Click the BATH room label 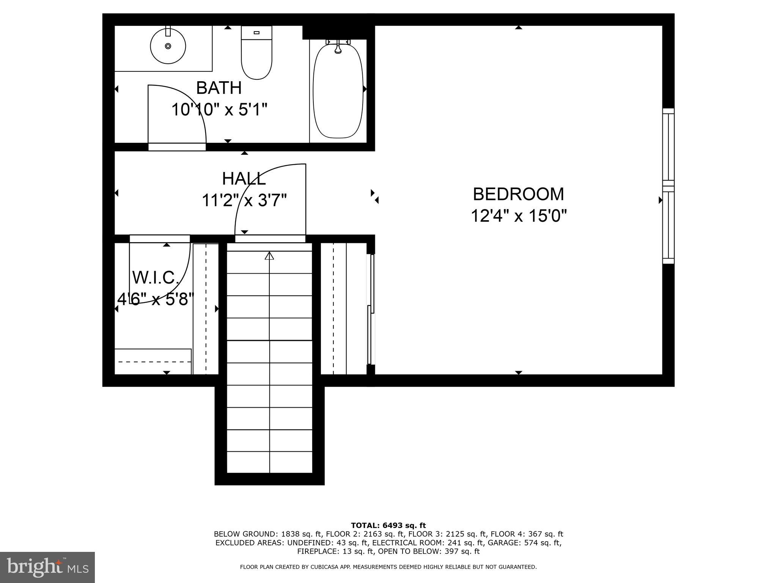tap(219, 88)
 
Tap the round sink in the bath tap(168, 46)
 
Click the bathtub tap(338, 91)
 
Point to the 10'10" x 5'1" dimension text tap(219, 110)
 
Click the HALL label tap(244, 179)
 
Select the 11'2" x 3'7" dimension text tap(244, 200)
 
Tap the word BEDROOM tap(518, 194)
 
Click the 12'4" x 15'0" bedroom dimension tap(518, 216)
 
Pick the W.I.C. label tap(156, 277)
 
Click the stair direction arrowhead tap(269, 256)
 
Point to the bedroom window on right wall tap(668, 186)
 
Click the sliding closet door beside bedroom tap(371, 309)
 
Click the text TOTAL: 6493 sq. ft tap(388, 525)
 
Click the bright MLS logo tap(47, 567)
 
